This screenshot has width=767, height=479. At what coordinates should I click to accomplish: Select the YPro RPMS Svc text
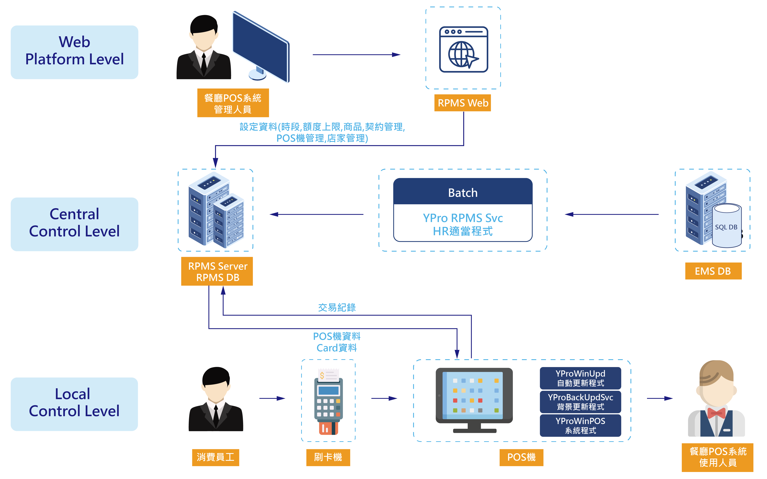coord(462,218)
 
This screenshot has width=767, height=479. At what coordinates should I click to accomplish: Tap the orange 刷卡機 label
coord(328,457)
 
